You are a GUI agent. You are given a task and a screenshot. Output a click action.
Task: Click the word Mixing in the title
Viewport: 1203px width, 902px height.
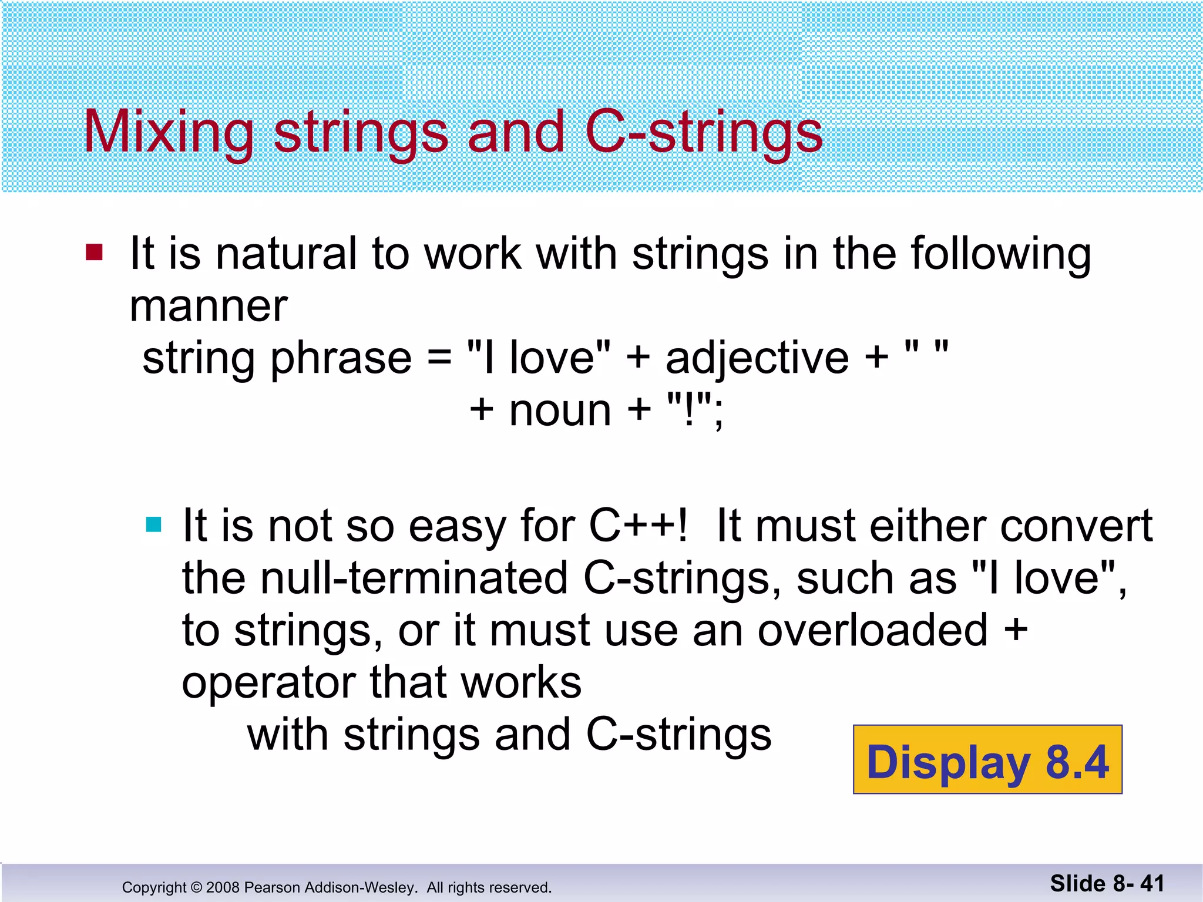tap(169, 133)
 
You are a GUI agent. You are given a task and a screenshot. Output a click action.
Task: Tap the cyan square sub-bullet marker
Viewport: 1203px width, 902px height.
tap(153, 524)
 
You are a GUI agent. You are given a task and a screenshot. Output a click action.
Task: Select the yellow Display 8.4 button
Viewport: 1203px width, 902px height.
tap(987, 760)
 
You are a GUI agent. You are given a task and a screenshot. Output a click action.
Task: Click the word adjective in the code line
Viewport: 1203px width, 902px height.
tap(757, 358)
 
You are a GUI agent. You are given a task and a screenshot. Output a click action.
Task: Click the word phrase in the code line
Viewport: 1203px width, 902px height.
tap(341, 359)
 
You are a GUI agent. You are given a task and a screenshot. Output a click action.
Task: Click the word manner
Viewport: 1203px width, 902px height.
tap(209, 307)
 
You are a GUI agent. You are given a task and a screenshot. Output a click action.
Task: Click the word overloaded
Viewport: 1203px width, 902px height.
tap(872, 630)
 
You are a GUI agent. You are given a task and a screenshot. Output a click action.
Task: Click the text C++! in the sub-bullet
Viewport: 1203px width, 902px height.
tap(638, 526)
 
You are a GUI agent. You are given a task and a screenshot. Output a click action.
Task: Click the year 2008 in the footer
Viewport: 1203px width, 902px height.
tap(223, 887)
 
